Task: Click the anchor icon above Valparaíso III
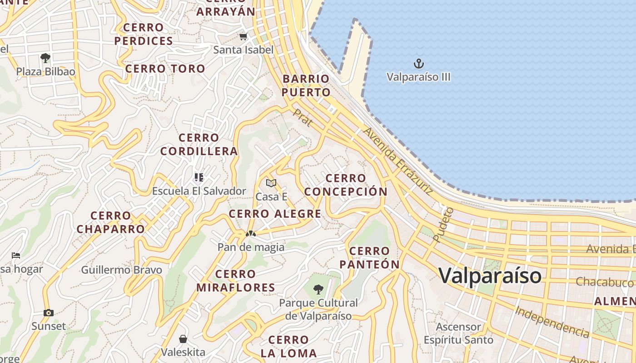coord(418,63)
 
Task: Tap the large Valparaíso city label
coord(490,275)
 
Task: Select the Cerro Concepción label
coord(346,185)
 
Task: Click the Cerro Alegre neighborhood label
coord(275,214)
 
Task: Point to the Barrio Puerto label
coord(306,86)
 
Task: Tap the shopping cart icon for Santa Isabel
coord(243,37)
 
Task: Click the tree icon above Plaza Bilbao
coord(45,58)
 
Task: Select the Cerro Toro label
coord(165,69)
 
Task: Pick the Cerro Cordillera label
coord(199,144)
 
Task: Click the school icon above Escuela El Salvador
coord(199,177)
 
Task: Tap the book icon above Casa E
coord(271,183)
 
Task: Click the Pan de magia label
coord(251,247)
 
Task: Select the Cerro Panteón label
coord(369,258)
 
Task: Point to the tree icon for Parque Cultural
coord(318,289)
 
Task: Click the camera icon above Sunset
coord(48,313)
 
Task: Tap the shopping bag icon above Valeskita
coord(183,339)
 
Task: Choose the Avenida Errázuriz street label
coord(398,161)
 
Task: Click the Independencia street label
coord(552,322)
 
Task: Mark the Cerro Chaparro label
coord(111,222)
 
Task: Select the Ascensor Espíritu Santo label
coord(458,334)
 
